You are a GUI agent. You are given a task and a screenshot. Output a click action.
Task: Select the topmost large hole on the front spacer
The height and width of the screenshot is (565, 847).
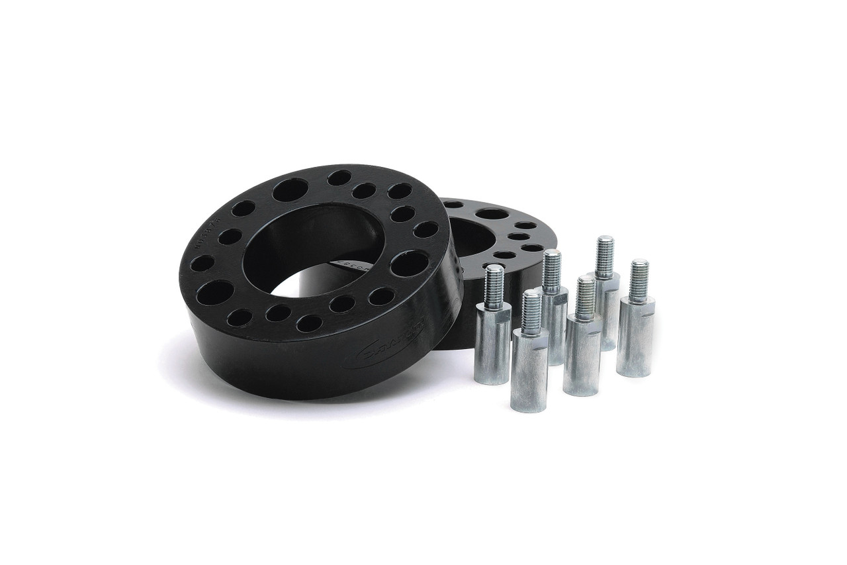290,190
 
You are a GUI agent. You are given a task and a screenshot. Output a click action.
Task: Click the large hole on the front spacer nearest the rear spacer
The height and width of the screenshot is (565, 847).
409,263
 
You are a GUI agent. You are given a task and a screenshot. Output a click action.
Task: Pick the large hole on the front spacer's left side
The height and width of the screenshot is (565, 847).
214,291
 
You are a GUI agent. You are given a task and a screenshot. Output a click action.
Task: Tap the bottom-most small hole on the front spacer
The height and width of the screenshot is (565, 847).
309,323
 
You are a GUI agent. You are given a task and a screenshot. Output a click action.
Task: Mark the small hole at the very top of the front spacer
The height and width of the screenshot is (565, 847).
339,178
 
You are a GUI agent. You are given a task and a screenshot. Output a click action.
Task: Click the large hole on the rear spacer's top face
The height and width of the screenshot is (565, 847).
492,214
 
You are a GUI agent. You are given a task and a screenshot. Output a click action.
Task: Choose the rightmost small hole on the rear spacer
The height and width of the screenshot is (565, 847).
532,248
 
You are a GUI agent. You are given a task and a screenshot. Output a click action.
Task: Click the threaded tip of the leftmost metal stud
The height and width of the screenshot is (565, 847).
494,285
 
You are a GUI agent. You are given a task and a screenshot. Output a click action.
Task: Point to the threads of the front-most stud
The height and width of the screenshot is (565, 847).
531,311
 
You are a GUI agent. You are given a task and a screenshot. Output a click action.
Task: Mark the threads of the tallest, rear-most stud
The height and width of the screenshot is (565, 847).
604,255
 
